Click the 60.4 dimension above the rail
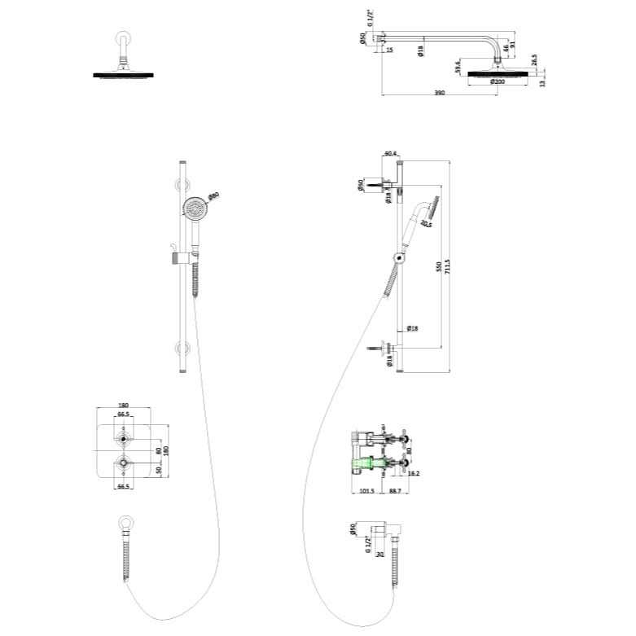tap(390, 153)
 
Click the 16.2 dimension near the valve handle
tap(414, 472)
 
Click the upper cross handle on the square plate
tap(123, 440)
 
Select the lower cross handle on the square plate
tap(123, 464)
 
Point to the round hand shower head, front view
tap(194, 208)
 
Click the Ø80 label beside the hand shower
tap(214, 195)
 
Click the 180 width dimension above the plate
tap(124, 405)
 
